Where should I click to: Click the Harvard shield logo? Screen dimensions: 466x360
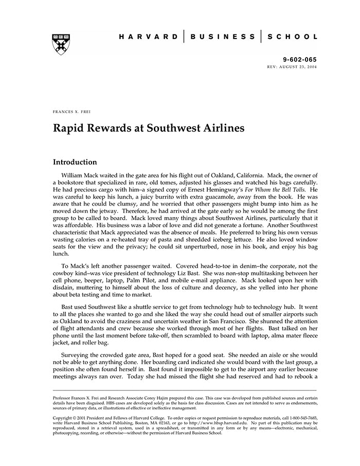(61, 44)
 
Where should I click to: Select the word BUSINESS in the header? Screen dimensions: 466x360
(223, 37)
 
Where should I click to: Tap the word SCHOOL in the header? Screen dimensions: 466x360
(292, 37)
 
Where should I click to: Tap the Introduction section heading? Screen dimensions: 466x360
(75, 162)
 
